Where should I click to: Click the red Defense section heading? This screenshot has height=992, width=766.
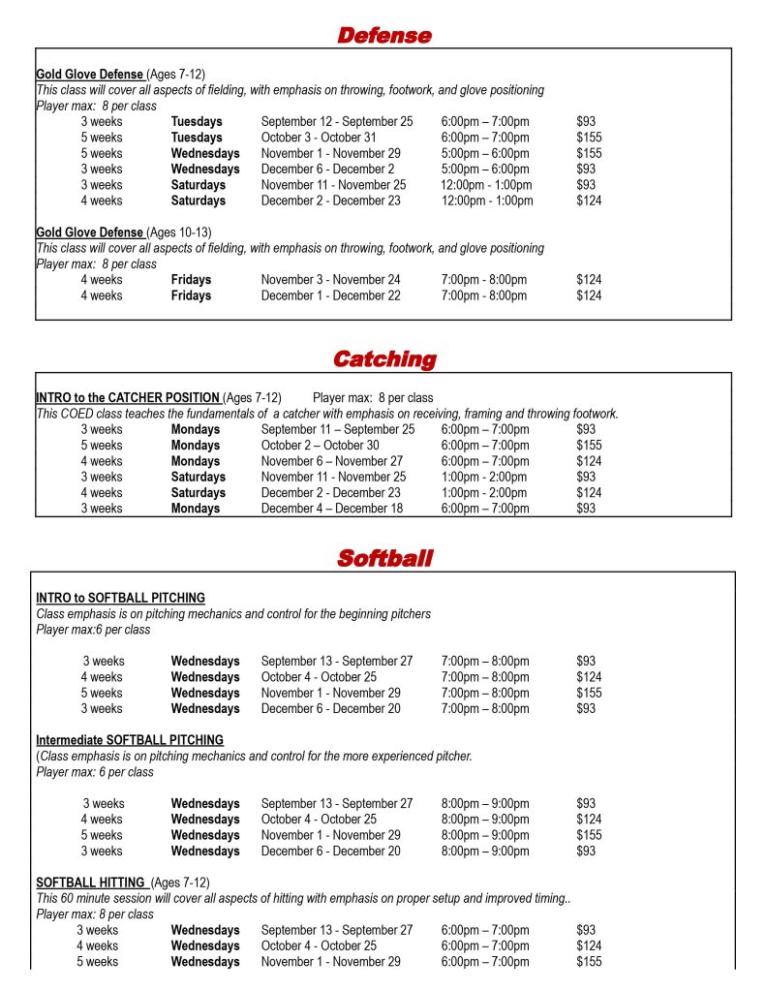[x=383, y=36]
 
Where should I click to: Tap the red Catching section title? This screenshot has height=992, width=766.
[x=383, y=359]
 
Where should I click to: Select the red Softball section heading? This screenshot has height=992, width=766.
[x=384, y=558]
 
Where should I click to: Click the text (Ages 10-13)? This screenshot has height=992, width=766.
[x=179, y=232]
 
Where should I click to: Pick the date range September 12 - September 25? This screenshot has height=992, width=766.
[x=337, y=122]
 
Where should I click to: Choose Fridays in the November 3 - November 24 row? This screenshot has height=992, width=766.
[x=191, y=280]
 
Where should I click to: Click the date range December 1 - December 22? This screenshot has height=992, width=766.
[x=330, y=295]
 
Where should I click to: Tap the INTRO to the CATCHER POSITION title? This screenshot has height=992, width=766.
[x=128, y=398]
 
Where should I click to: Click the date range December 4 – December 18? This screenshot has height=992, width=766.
[x=332, y=509]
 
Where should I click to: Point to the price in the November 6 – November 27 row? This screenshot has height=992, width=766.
[x=589, y=461]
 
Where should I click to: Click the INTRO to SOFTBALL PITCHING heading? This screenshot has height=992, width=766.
[x=120, y=598]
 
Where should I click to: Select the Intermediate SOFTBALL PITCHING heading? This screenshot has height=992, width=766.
[x=130, y=740]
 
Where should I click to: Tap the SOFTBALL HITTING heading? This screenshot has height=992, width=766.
[x=91, y=883]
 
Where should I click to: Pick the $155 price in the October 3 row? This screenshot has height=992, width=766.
[x=589, y=138]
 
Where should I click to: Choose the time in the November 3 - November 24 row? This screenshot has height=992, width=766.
[x=484, y=280]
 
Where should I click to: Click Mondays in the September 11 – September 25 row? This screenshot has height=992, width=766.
[x=196, y=429]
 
